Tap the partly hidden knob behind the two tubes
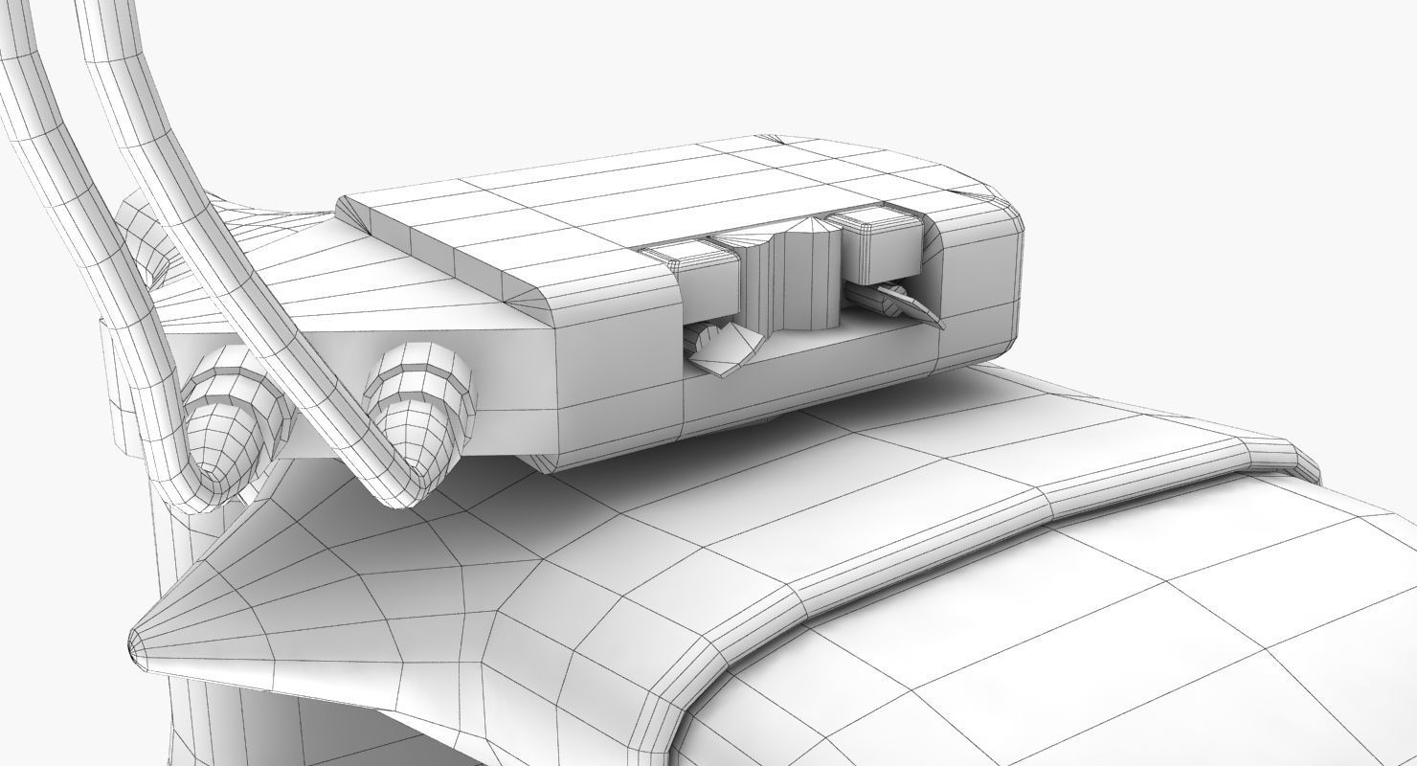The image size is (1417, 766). [144, 235]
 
